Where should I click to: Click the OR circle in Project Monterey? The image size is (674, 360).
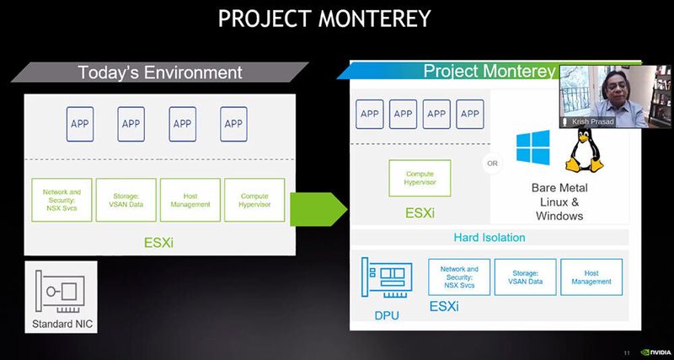tap(491, 162)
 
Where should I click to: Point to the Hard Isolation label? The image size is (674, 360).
tap(489, 238)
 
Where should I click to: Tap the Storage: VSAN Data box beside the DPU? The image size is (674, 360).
tap(524, 277)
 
